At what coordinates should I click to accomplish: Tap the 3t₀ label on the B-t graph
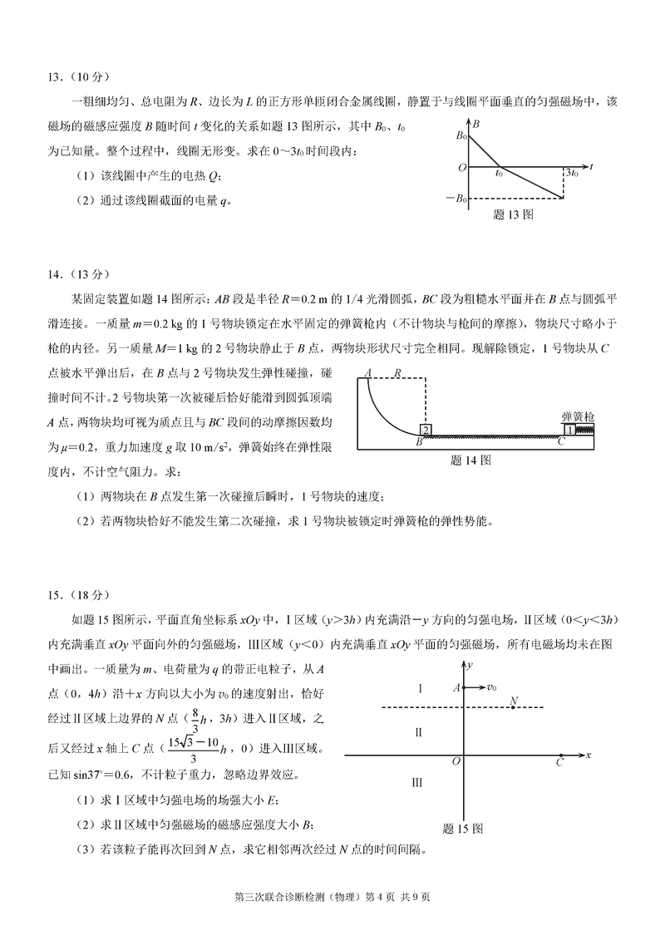(x=571, y=173)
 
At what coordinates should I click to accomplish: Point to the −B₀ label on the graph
(x=455, y=198)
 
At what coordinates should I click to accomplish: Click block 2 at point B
(x=425, y=429)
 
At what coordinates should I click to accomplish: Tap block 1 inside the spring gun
(x=570, y=429)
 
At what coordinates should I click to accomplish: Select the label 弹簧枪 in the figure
(x=577, y=415)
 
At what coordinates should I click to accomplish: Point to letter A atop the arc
(x=367, y=374)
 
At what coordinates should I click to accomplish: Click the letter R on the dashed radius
(x=398, y=374)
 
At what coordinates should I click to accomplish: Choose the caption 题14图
(x=470, y=459)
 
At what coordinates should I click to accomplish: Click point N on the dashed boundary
(x=515, y=701)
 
